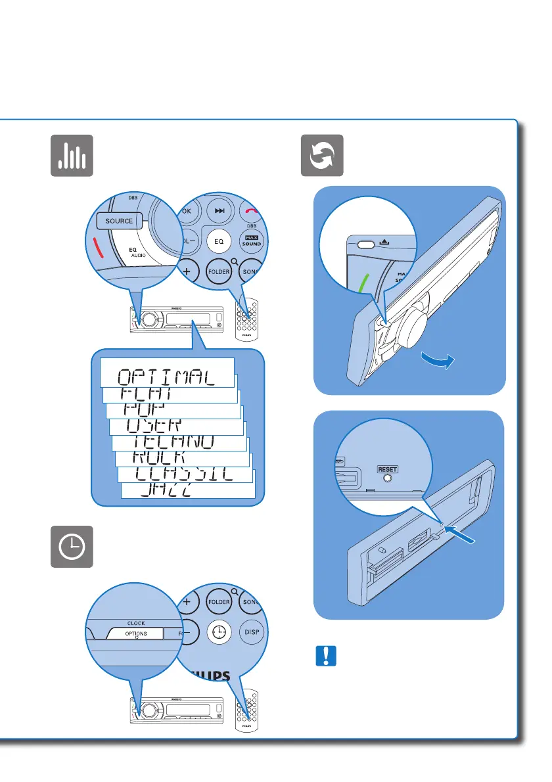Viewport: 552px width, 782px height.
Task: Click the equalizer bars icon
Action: tap(72, 155)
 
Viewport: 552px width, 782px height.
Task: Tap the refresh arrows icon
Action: tap(322, 155)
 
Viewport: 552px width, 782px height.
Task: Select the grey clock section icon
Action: tap(72, 547)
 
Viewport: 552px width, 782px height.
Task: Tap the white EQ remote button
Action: tap(218, 241)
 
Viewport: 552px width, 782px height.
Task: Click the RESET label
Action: tap(388, 470)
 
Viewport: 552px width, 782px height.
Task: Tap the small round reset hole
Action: tap(388, 479)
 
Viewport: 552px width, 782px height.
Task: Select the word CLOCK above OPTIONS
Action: tap(136, 622)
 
